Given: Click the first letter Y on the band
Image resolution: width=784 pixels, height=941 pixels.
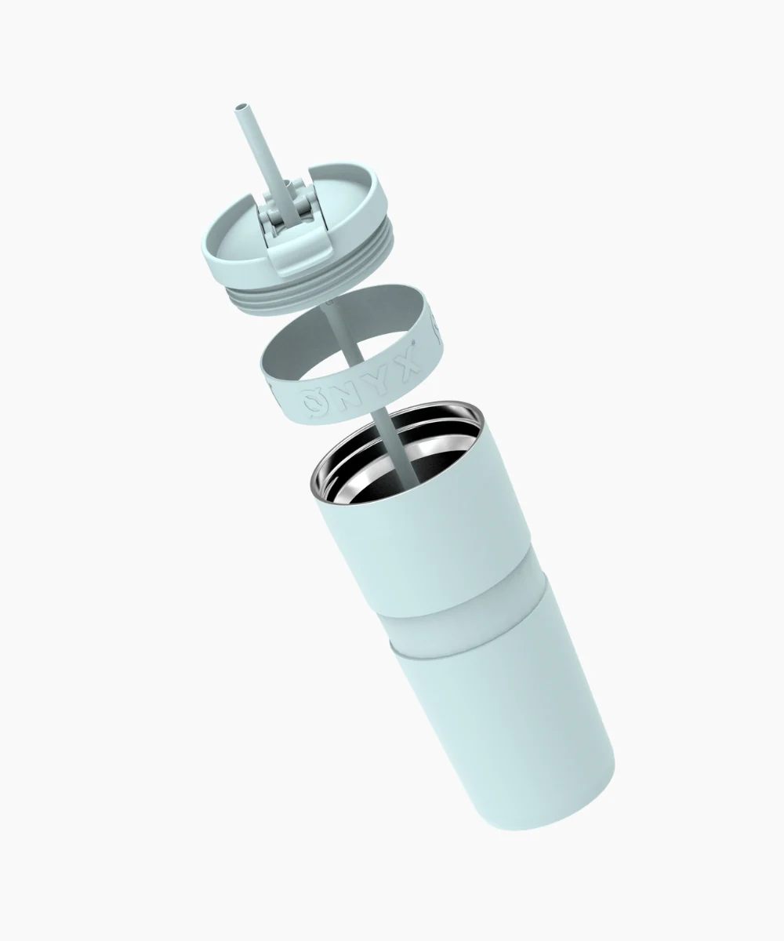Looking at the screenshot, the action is pos(383,378).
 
